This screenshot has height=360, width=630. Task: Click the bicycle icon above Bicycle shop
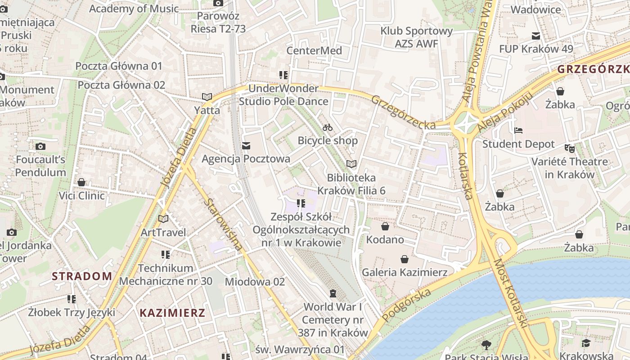point(328,127)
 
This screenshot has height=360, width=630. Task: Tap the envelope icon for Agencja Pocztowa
point(246,146)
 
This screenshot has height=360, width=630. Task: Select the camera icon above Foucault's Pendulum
point(40,146)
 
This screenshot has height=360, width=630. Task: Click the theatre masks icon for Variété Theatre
point(570,148)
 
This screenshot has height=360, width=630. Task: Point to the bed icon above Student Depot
point(518,130)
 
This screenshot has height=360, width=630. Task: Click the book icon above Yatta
point(207,97)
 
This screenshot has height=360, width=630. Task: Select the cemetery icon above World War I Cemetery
point(333,293)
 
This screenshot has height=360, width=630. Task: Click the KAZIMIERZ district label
point(172,313)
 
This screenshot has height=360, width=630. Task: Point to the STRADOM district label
point(82,276)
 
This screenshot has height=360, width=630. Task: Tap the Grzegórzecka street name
point(403,112)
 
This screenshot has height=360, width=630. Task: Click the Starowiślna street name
point(223,224)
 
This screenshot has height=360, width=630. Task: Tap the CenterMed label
point(314,50)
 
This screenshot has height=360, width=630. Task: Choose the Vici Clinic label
point(82,196)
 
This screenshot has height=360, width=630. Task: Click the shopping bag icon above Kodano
point(385,226)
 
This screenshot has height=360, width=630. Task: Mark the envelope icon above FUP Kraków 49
point(536,36)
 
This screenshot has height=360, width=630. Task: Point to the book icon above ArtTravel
point(163,219)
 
